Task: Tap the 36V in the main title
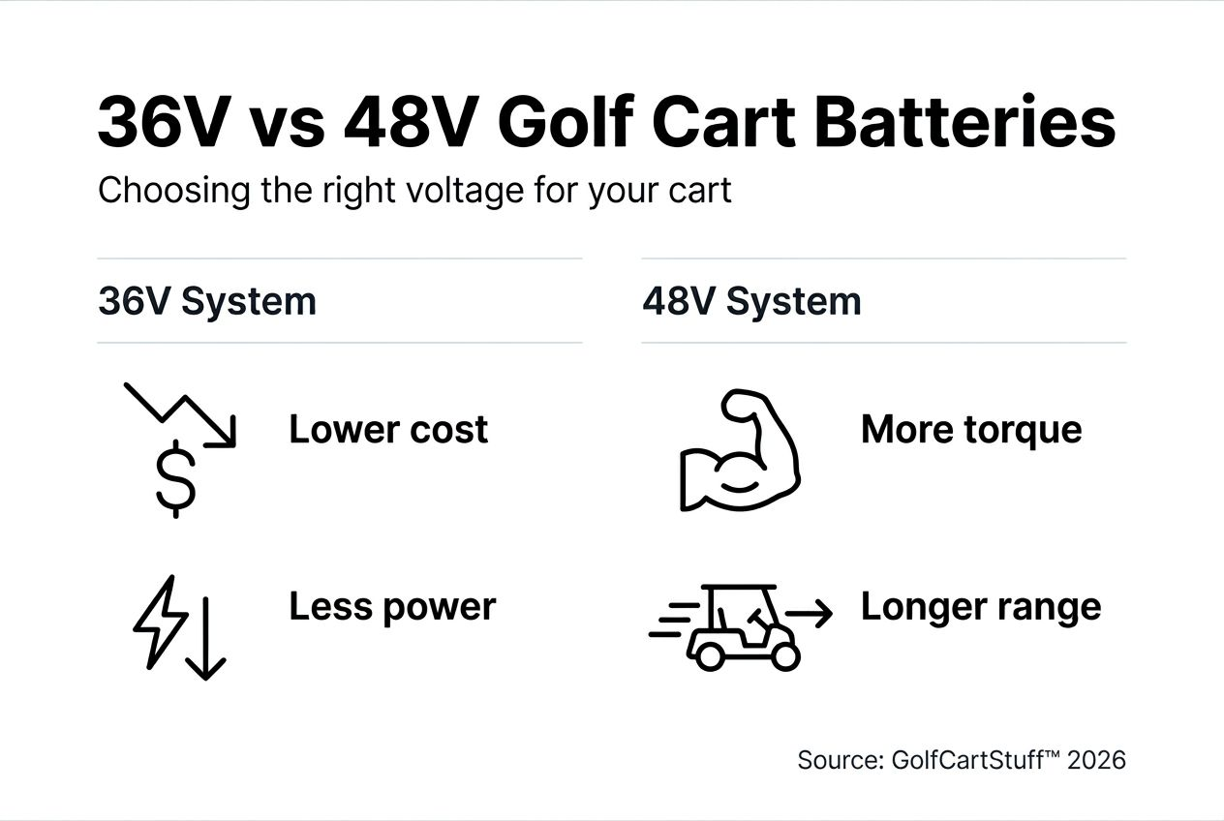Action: (x=160, y=123)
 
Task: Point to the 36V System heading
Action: (x=206, y=301)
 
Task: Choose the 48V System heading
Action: (x=751, y=301)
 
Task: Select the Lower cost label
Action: (x=387, y=429)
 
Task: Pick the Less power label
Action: (x=391, y=607)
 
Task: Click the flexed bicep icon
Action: (x=739, y=450)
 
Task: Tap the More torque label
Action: (x=970, y=429)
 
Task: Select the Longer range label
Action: (x=980, y=607)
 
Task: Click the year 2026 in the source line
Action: (x=1096, y=760)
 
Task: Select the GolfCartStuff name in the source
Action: (x=968, y=760)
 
